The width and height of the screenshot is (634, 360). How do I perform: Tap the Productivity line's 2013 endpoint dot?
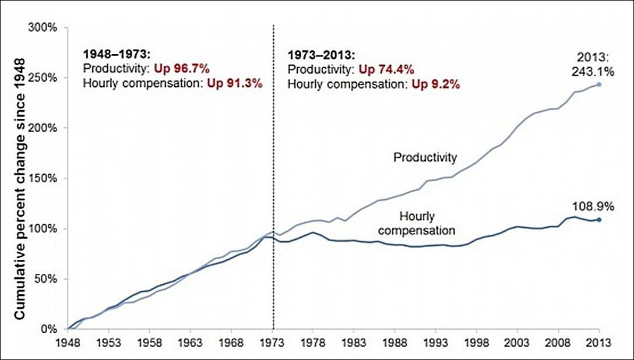tap(599, 84)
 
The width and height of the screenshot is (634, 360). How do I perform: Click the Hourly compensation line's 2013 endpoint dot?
tap(599, 220)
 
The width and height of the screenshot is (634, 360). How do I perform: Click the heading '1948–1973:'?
tap(117, 54)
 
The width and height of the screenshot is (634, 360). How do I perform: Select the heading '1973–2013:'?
tap(321, 57)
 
